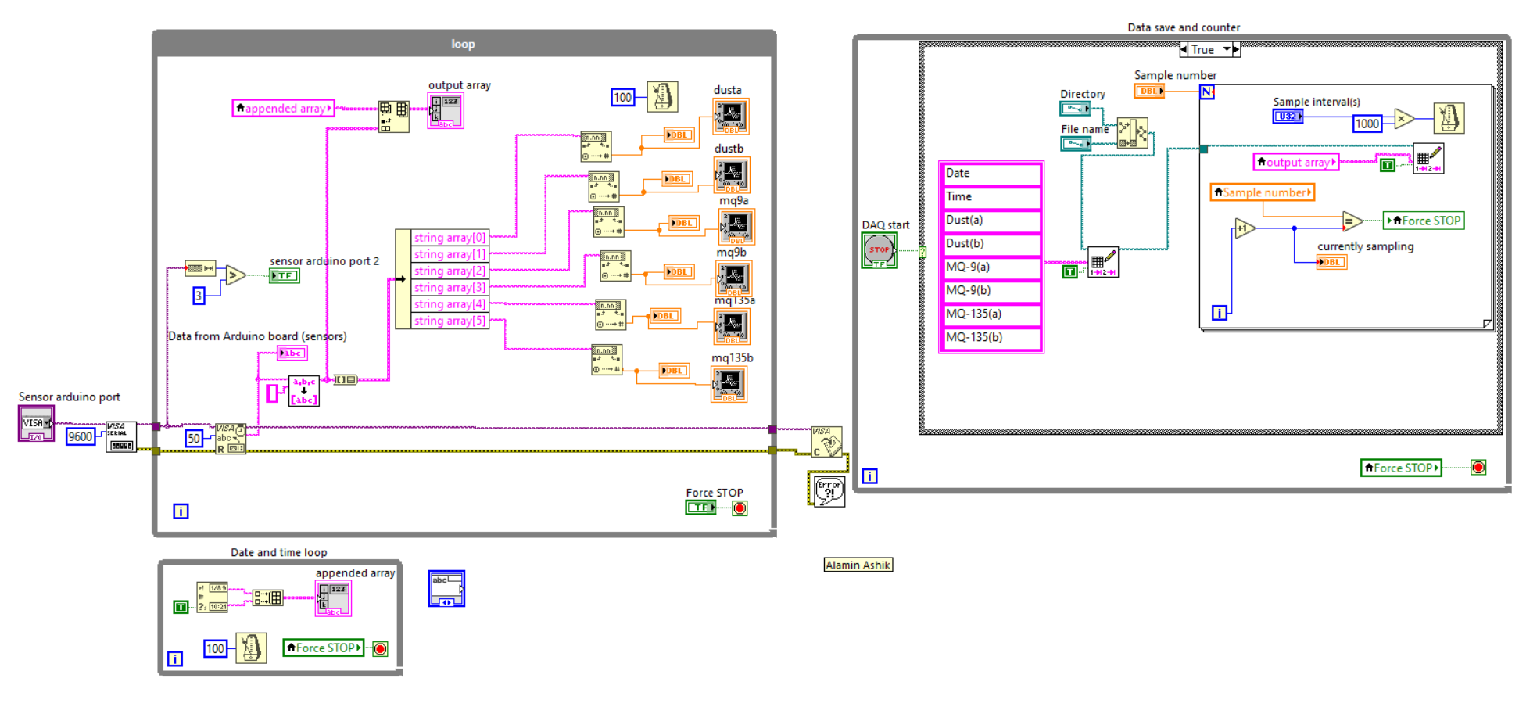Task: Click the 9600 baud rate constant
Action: [x=80, y=436]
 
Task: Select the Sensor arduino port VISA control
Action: [x=36, y=423]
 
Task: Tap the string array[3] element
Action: [x=450, y=287]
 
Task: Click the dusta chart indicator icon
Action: [x=731, y=116]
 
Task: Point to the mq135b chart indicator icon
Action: [x=729, y=383]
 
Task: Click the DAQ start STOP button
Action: [x=879, y=250]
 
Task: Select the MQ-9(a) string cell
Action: [x=991, y=267]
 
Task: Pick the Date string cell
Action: [x=991, y=174]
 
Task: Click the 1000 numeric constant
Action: [x=1367, y=124]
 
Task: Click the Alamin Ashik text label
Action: [x=858, y=565]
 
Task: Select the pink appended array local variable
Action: [x=284, y=108]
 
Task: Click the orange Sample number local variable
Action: [x=1262, y=192]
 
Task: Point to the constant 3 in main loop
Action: [x=199, y=296]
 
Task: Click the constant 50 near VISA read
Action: [x=193, y=438]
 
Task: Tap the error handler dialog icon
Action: [x=828, y=491]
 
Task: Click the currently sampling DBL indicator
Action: [x=1331, y=262]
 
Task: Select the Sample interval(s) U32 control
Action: [x=1288, y=117]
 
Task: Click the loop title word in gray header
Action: [x=463, y=44]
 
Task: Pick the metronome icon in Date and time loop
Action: [x=251, y=648]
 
